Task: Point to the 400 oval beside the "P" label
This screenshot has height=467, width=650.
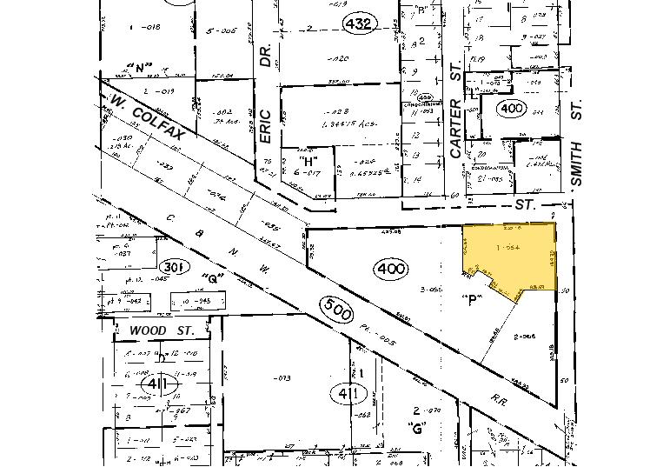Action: click(391, 269)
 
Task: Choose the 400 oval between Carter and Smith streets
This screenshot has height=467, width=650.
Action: click(508, 108)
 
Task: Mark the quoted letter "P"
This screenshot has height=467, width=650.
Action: click(471, 300)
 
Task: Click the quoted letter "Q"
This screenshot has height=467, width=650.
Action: click(209, 279)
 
